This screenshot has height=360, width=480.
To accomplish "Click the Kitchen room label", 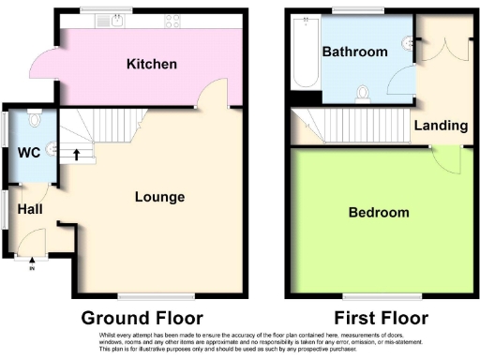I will [153, 65].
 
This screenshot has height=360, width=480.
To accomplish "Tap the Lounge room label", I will [159, 197].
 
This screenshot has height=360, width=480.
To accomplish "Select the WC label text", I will [28, 152].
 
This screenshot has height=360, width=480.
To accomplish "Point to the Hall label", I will [30, 210].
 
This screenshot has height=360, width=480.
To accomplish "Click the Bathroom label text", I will [354, 52].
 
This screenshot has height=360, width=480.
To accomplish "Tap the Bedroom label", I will [379, 213].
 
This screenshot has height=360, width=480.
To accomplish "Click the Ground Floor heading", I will [142, 317].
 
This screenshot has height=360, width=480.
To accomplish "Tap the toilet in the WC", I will [34, 119].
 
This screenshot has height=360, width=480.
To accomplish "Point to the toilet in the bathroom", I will [364, 92].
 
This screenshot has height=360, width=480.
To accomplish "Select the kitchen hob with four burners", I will [173, 21].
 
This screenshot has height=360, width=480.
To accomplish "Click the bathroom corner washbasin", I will [409, 42].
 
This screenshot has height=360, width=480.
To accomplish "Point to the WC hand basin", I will [52, 147].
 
